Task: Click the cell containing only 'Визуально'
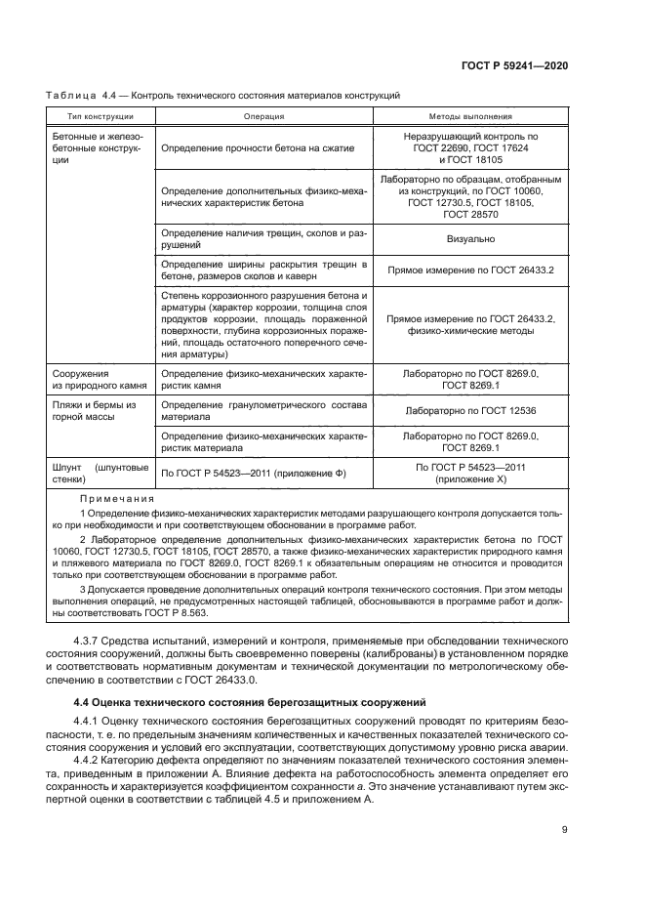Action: point(470,239)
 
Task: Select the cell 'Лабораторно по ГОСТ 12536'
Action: point(470,411)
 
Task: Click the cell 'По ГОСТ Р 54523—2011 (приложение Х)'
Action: point(470,474)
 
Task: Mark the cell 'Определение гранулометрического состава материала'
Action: point(263,411)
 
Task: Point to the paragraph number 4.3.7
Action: point(89,640)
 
